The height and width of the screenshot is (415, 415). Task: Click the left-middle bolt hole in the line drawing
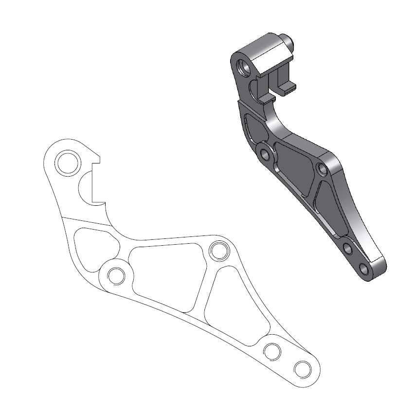[116, 276]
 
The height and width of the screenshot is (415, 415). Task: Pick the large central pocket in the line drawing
[165, 275]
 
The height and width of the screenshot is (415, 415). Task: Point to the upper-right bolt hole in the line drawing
[219, 251]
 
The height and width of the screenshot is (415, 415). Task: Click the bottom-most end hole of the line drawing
[302, 368]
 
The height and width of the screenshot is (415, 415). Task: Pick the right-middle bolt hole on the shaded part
[322, 170]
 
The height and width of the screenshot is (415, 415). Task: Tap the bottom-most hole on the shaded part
[364, 268]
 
